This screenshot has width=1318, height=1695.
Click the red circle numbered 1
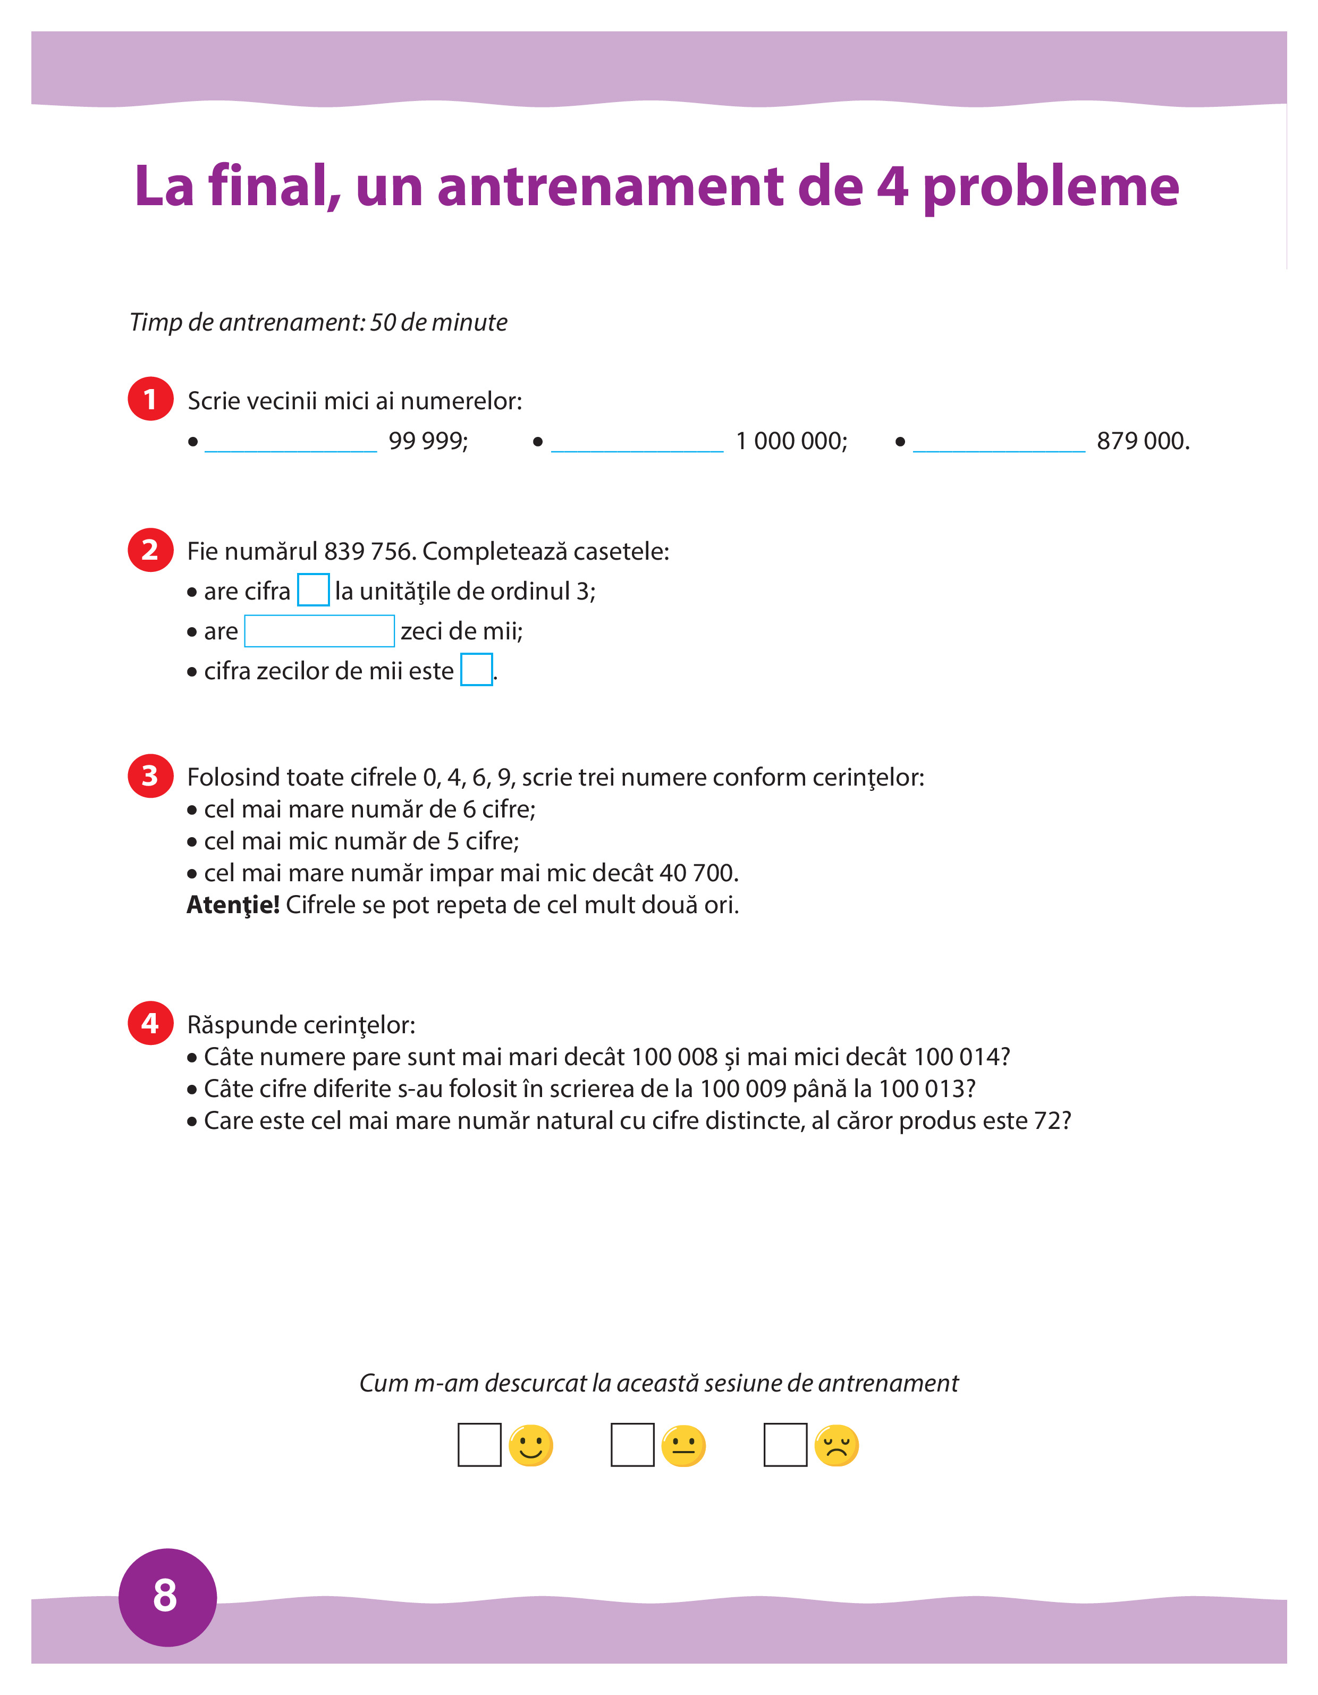click(x=150, y=399)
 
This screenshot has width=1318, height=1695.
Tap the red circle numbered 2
click(x=150, y=550)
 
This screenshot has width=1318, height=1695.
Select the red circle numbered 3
click(x=150, y=775)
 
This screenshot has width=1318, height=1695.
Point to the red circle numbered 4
click(x=150, y=1023)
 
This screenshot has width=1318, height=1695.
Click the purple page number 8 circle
click(x=167, y=1597)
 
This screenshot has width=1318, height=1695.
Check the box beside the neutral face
click(x=632, y=1444)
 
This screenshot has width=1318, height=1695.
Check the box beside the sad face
click(x=785, y=1444)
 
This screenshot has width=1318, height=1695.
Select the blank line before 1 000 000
click(x=637, y=444)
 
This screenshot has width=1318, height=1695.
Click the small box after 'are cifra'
click(x=313, y=590)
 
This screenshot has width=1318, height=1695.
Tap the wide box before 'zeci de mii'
click(x=319, y=630)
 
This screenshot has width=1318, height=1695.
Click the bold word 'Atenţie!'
click(x=233, y=905)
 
